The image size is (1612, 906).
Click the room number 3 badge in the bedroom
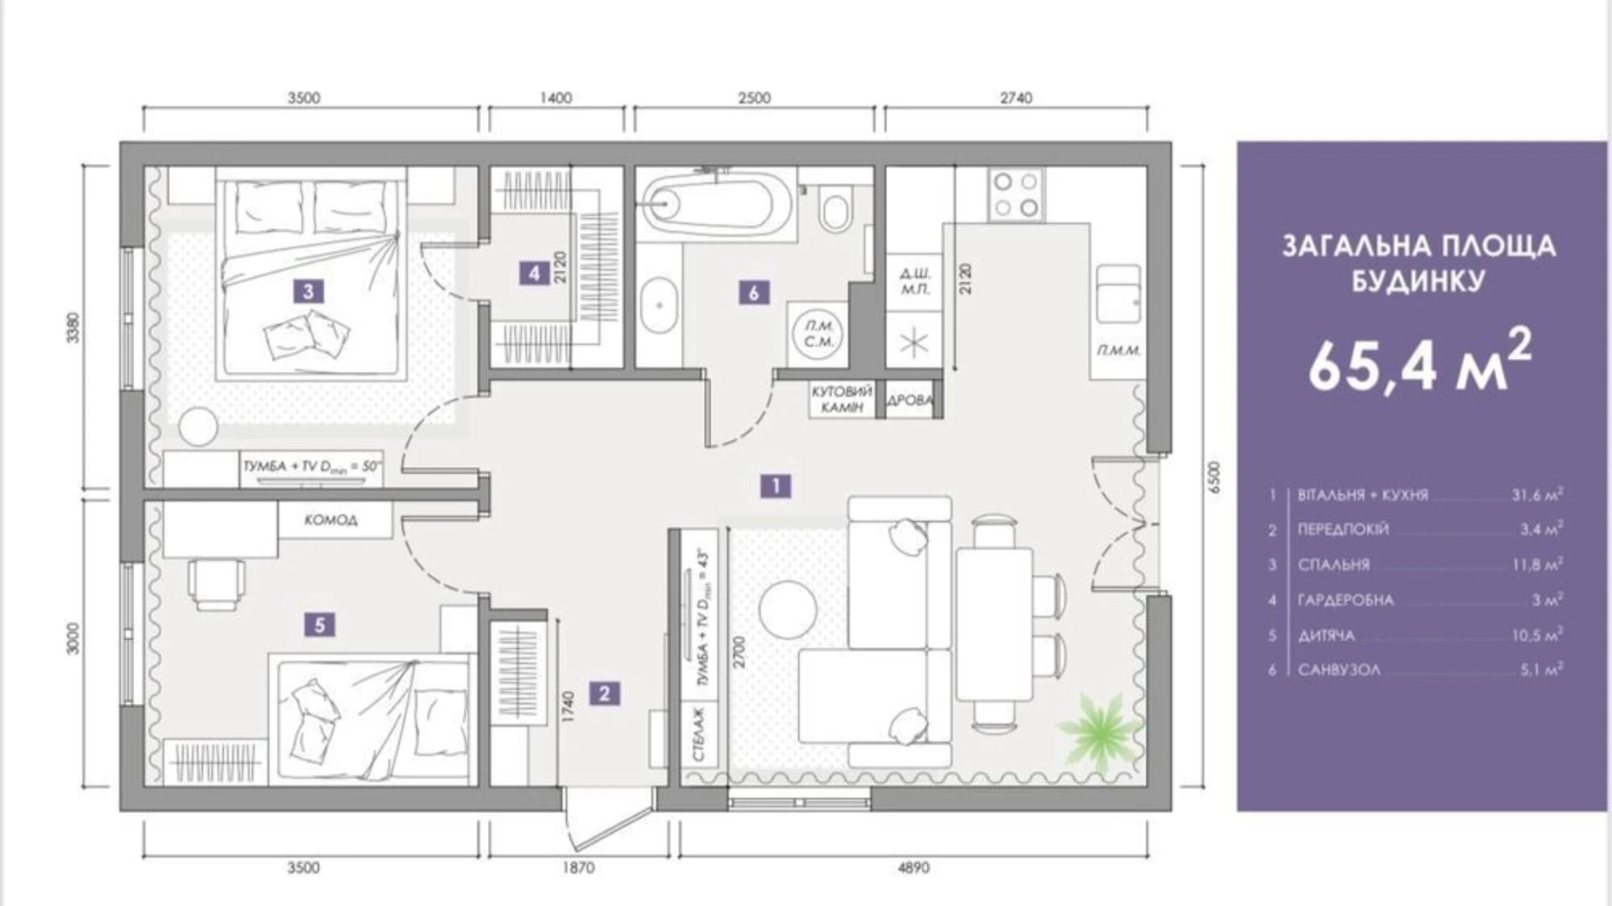[x=308, y=291]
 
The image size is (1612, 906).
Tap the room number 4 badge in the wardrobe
[x=534, y=274]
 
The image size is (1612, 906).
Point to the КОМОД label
[x=331, y=520]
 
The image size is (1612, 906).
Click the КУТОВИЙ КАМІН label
[x=841, y=400]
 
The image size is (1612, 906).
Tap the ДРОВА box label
[x=910, y=401]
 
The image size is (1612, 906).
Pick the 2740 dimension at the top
[x=1016, y=98]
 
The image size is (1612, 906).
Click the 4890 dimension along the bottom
[x=913, y=868]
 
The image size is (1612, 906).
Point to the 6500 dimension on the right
[x=1215, y=477]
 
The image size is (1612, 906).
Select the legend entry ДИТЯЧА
[x=1326, y=636]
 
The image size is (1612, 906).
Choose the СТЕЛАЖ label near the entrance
[x=699, y=734]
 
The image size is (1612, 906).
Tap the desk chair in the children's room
[x=217, y=584]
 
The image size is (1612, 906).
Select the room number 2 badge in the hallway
[x=604, y=693]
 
